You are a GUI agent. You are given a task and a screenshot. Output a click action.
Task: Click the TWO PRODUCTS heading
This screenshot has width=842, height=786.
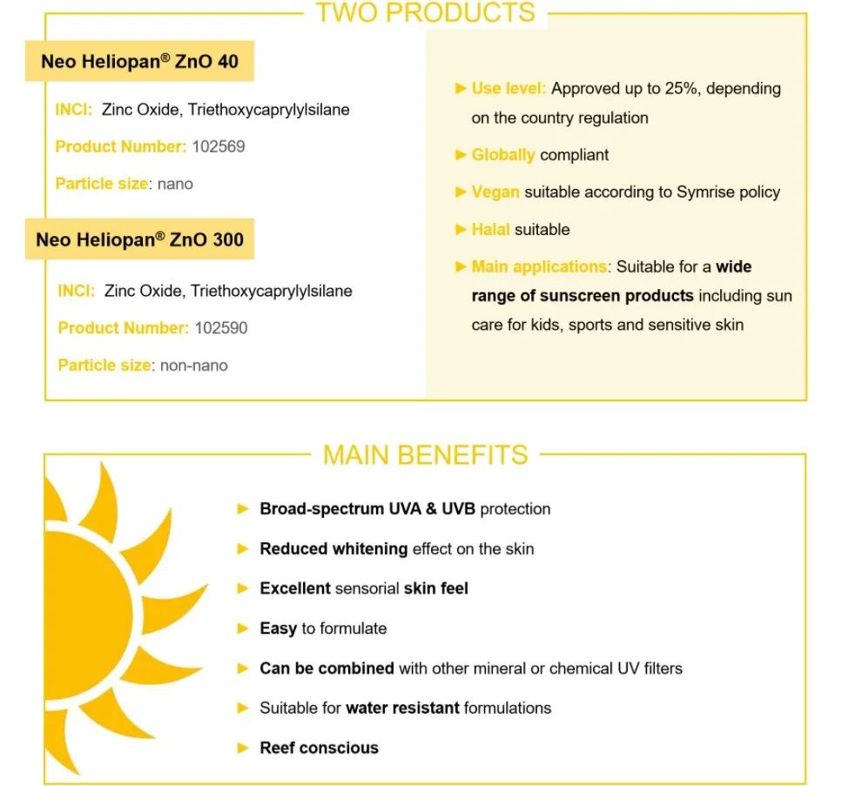click(x=425, y=13)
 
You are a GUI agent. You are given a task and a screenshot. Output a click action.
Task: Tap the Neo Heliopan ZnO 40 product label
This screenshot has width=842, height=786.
click(x=139, y=62)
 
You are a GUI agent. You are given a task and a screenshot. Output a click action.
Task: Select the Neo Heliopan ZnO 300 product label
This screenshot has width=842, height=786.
click(x=139, y=239)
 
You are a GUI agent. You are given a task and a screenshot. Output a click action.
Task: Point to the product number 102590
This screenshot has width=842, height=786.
click(x=221, y=328)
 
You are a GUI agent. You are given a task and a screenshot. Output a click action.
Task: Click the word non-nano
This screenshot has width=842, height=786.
click(x=194, y=366)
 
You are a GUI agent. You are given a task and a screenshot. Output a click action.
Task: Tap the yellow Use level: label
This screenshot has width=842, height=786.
click(x=509, y=88)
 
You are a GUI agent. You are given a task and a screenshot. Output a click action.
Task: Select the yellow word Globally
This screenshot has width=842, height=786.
click(x=502, y=155)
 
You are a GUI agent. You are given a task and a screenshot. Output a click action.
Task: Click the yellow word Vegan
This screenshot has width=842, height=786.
click(x=495, y=192)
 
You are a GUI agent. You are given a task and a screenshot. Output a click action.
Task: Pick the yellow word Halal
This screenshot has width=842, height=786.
click(x=490, y=230)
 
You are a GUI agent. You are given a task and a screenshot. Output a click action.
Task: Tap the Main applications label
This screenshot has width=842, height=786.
click(x=539, y=266)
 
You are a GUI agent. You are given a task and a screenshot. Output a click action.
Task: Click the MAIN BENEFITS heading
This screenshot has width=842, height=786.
click(x=425, y=455)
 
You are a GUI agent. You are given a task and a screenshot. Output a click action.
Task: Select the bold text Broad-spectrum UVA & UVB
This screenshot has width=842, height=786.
click(x=367, y=508)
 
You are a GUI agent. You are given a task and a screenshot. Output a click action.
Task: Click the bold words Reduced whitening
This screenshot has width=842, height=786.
click(x=333, y=548)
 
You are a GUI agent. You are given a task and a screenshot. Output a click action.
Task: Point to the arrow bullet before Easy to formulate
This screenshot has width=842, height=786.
click(x=244, y=628)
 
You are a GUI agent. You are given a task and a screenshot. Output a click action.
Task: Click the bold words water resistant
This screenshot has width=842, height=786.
click(x=402, y=708)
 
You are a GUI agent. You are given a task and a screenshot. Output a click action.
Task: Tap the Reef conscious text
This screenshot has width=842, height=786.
click(x=319, y=748)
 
